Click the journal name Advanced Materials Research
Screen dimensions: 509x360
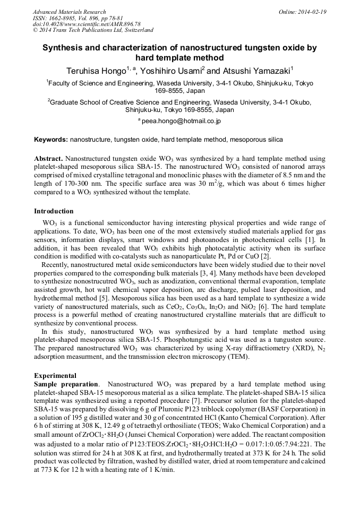point(70,12)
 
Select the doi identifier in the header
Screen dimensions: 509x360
point(87,24)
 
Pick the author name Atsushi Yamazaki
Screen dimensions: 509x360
point(254,71)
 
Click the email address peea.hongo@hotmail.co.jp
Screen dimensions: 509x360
point(181,121)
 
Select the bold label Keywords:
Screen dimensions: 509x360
point(51,140)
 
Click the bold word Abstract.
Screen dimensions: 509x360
point(48,159)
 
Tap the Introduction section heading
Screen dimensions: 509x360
point(54,211)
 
